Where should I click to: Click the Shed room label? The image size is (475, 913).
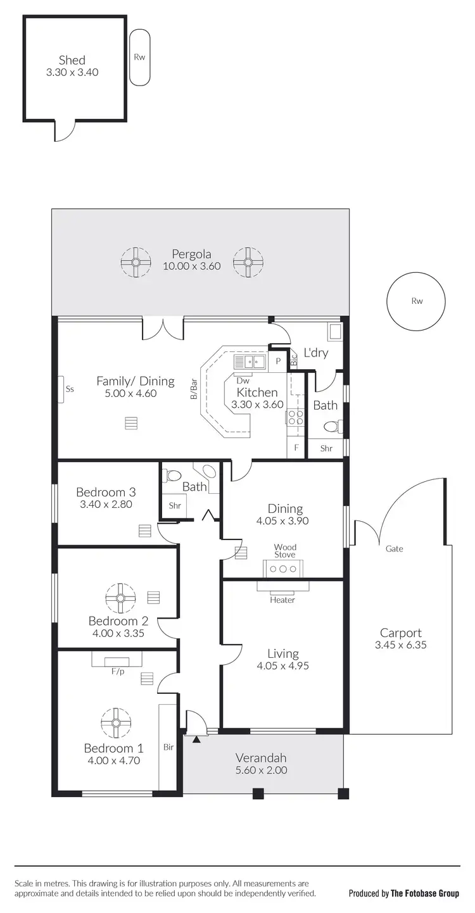pyautogui.click(x=72, y=60)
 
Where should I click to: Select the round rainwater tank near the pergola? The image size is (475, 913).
pyautogui.click(x=416, y=301)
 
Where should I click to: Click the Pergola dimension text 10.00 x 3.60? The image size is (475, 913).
pyautogui.click(x=191, y=266)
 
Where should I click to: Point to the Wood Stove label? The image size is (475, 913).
pyautogui.click(x=285, y=551)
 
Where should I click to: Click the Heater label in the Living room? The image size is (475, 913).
pyautogui.click(x=282, y=600)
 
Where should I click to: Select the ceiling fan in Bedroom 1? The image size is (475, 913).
pyautogui.click(x=116, y=722)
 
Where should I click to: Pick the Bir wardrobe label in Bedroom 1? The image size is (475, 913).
pyautogui.click(x=168, y=747)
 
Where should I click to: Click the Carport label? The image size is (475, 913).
pyautogui.click(x=400, y=633)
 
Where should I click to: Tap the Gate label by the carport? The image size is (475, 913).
pyautogui.click(x=395, y=549)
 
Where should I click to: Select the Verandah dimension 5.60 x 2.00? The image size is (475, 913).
pyautogui.click(x=261, y=771)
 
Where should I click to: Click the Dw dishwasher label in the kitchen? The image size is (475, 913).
pyautogui.click(x=243, y=381)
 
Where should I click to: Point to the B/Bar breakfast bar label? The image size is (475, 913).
pyautogui.click(x=194, y=390)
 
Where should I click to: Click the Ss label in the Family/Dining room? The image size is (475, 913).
pyautogui.click(x=70, y=389)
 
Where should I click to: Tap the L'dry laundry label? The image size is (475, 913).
pyautogui.click(x=316, y=352)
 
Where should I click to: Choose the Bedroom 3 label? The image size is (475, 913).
pyautogui.click(x=105, y=492)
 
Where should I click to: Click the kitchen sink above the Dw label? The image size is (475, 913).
pyautogui.click(x=250, y=362)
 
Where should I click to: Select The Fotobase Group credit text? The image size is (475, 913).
pyautogui.click(x=424, y=893)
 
